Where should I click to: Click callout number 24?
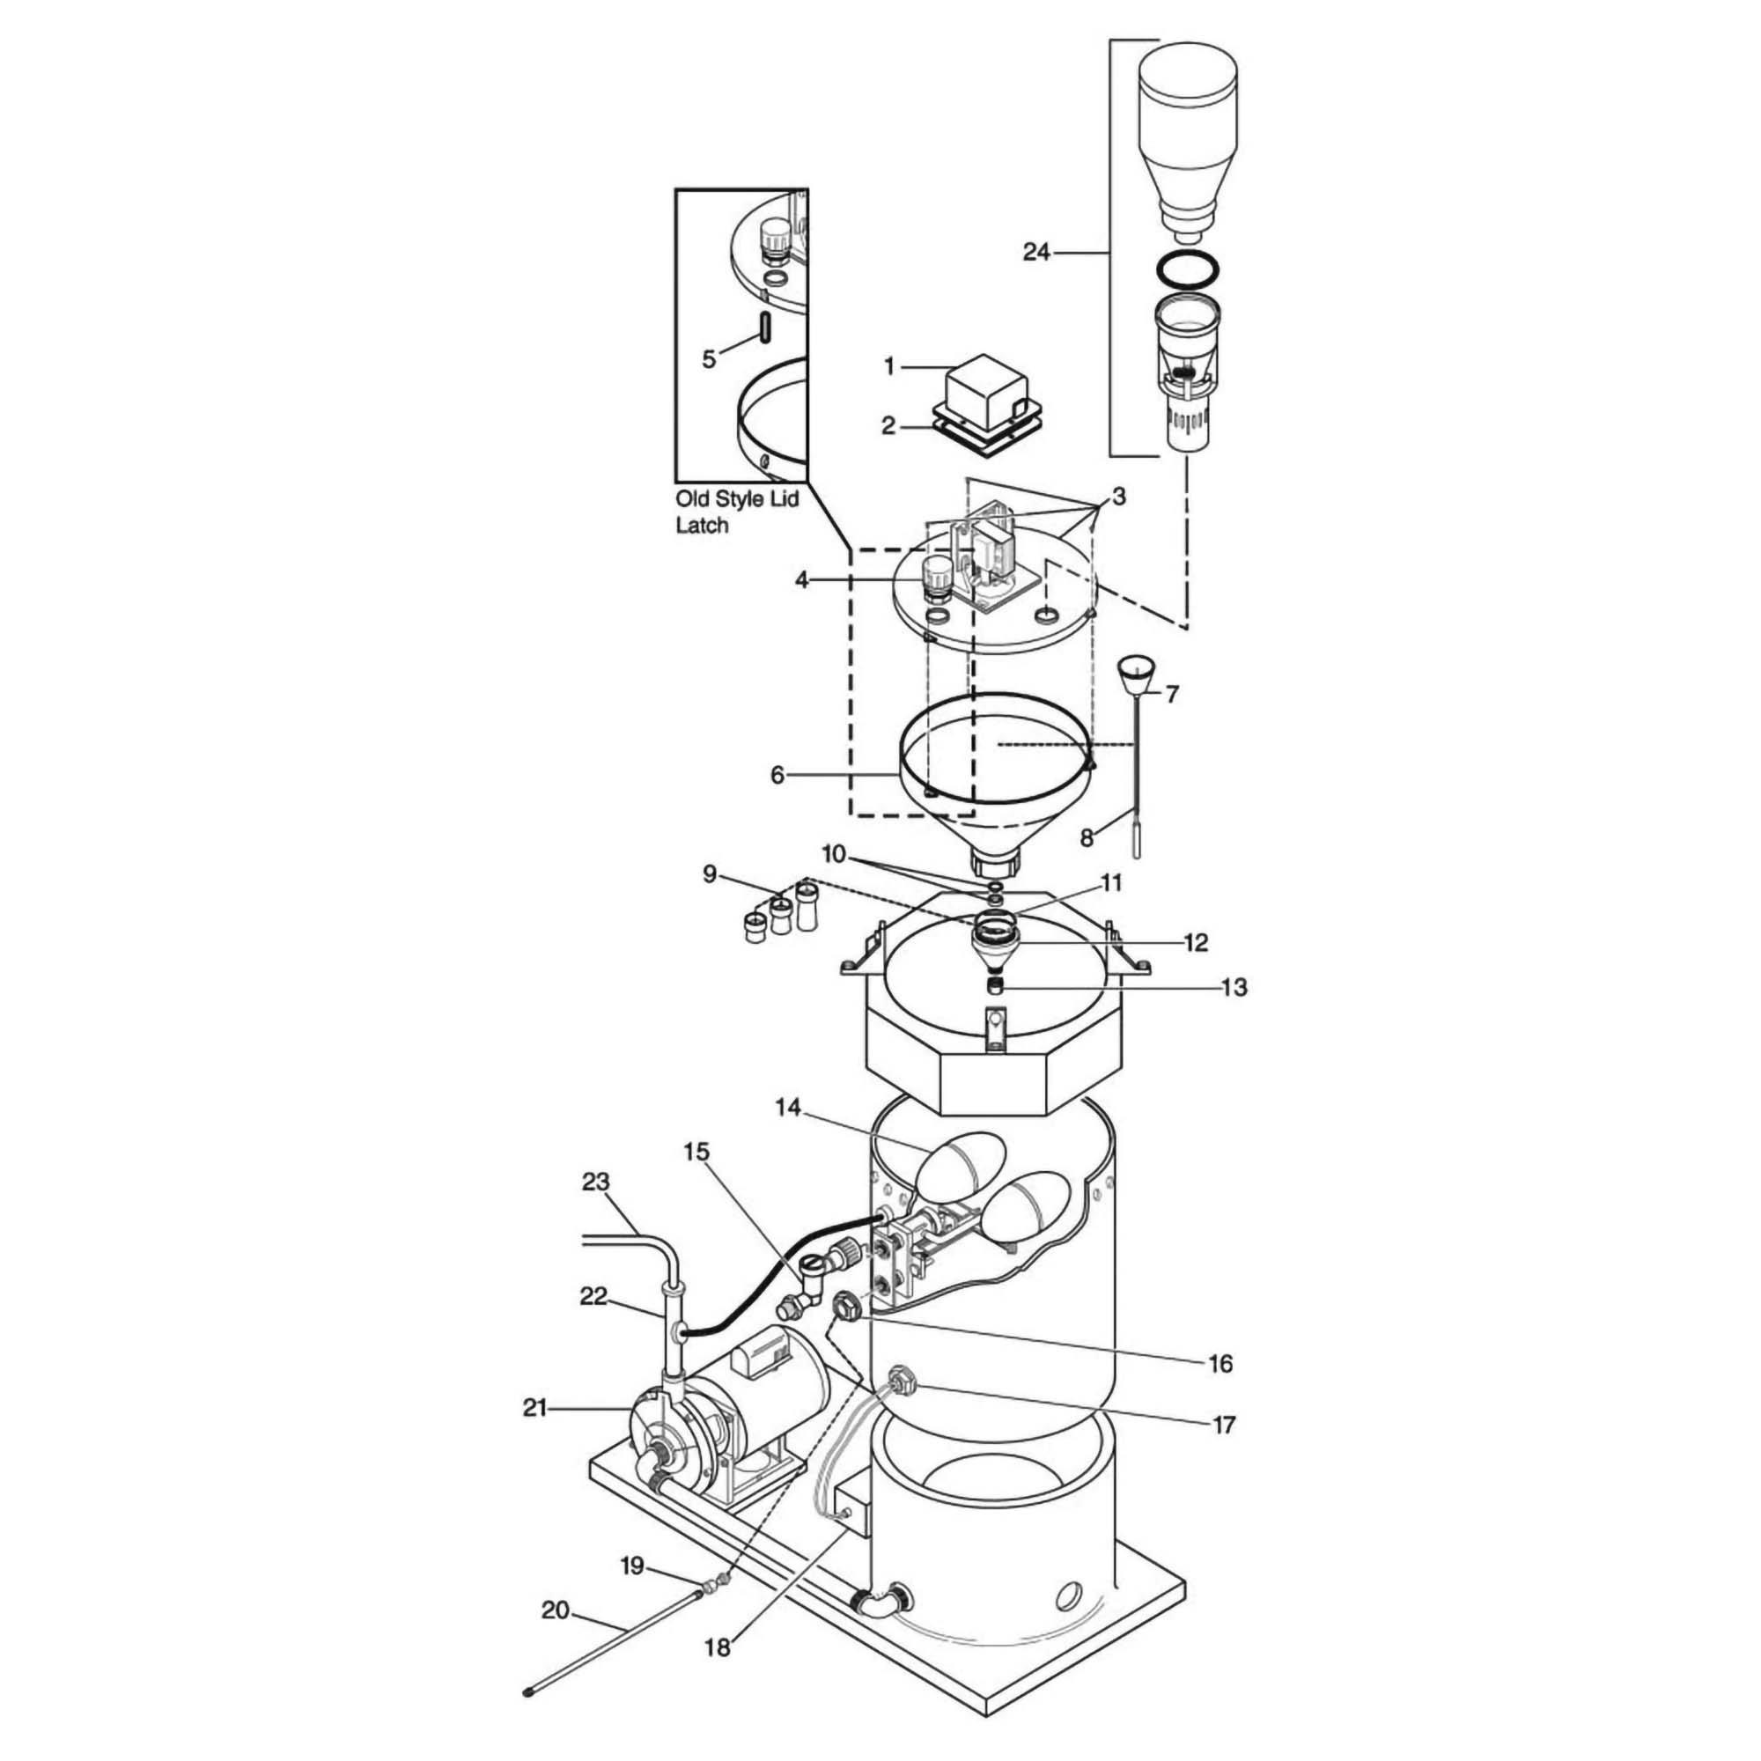(x=1035, y=252)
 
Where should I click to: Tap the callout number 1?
(x=889, y=366)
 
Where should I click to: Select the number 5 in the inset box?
(x=708, y=359)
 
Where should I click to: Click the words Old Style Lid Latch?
(x=735, y=512)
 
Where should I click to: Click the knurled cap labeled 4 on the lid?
(x=935, y=576)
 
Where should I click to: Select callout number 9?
(x=709, y=876)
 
